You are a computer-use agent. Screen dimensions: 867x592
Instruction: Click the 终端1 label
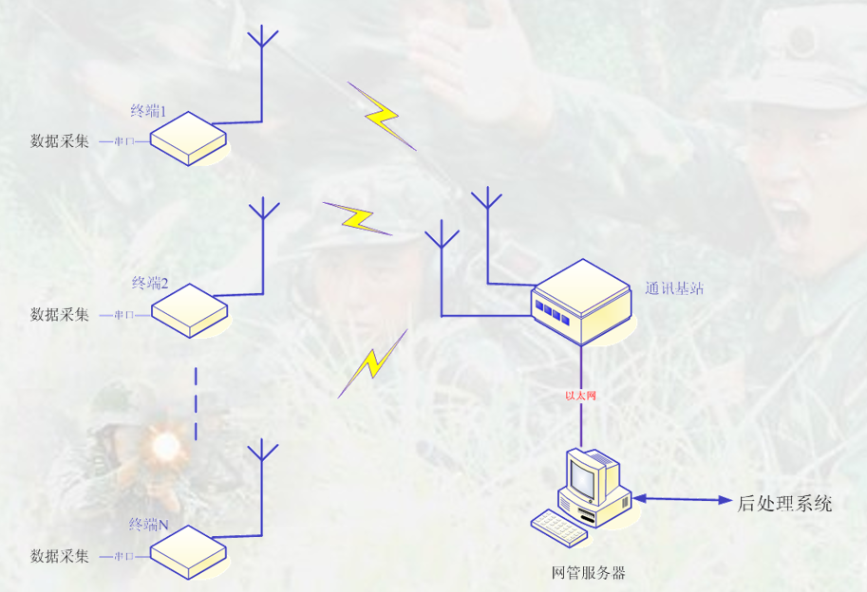tap(148, 111)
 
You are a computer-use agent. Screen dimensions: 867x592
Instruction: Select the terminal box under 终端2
tap(190, 310)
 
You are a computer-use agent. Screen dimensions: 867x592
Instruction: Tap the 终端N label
tap(149, 524)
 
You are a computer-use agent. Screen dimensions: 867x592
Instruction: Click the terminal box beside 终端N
tap(189, 552)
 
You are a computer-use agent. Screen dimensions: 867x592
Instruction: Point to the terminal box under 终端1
tap(189, 139)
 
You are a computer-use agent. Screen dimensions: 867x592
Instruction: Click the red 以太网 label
tap(580, 396)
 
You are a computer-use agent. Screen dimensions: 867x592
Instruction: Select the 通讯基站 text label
tap(674, 288)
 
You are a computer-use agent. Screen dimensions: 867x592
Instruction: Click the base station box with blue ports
tap(580, 302)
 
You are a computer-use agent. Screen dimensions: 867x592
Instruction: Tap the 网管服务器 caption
tap(589, 573)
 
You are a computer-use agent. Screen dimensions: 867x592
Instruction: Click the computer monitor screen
tap(582, 478)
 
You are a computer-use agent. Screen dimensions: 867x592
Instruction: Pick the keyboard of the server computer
tap(559, 527)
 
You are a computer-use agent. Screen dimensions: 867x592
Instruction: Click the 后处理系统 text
tap(784, 503)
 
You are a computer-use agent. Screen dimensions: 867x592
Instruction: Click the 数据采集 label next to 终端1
tap(60, 140)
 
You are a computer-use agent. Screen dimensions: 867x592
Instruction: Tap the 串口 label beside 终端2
tap(123, 315)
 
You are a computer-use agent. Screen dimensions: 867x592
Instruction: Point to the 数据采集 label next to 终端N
tap(60, 556)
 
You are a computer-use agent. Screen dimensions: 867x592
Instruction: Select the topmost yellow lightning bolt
tap(382, 116)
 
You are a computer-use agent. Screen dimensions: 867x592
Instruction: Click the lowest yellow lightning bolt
tap(372, 364)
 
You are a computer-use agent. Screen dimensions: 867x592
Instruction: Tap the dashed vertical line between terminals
tap(196, 404)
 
